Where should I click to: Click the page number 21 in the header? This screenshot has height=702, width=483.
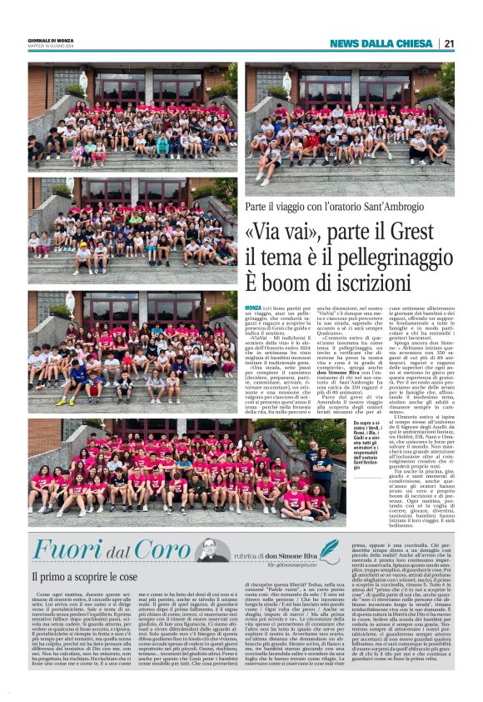click(x=449, y=43)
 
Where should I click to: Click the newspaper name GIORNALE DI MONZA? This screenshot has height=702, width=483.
click(x=52, y=41)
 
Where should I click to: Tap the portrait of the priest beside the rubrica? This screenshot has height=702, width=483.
click(x=214, y=551)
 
